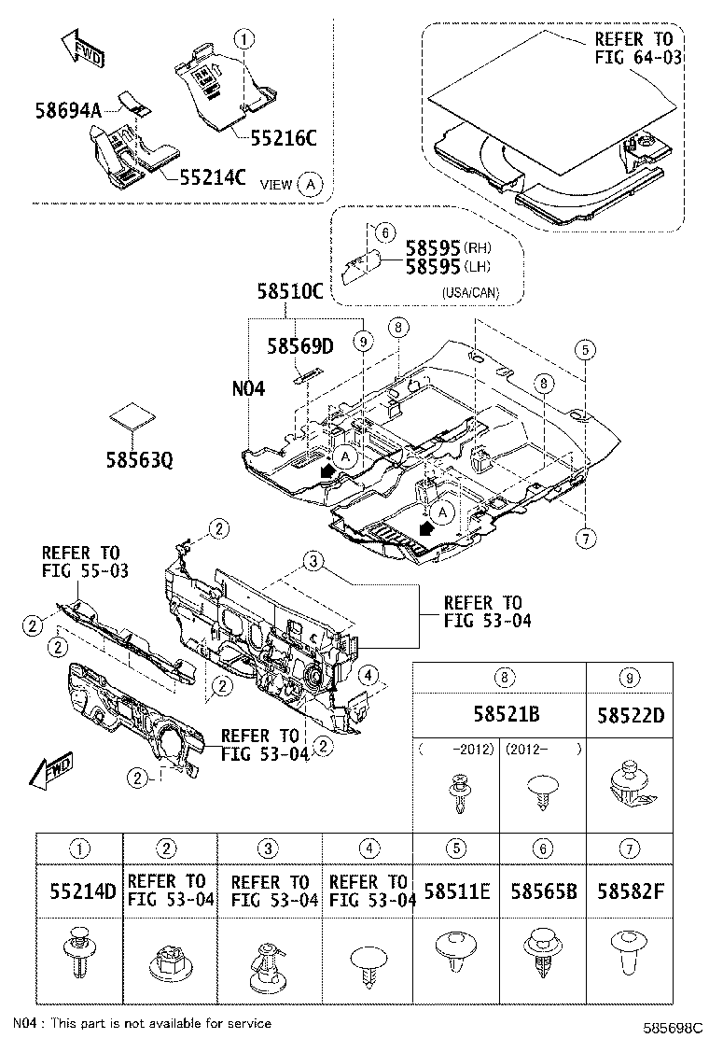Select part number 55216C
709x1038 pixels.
tap(284, 138)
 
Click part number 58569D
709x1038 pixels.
tap(299, 347)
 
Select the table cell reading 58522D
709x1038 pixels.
tap(629, 715)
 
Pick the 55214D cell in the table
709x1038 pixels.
tap(82, 891)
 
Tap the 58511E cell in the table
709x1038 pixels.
tap(458, 891)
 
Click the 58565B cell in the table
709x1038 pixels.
tap(544, 891)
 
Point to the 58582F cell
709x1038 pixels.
tap(630, 891)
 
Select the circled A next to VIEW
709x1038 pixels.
tap(311, 184)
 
